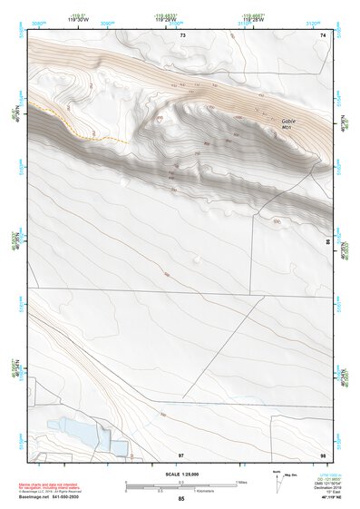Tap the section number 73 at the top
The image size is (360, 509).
pyautogui.click(x=182, y=34)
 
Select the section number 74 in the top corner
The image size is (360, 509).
pyautogui.click(x=323, y=34)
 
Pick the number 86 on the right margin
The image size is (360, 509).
pyautogui.click(x=327, y=241)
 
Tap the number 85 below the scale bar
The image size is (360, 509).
pyautogui.click(x=181, y=499)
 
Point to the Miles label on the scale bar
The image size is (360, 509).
pyautogui.click(x=241, y=482)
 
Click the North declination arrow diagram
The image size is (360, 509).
pyautogui.click(x=278, y=482)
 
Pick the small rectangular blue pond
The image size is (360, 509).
pyautogui.click(x=119, y=445)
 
